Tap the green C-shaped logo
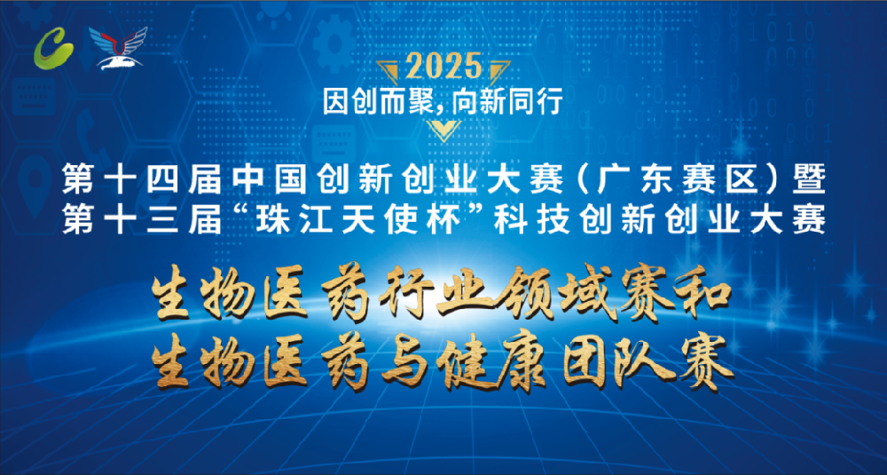click(54, 49)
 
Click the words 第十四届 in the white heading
click(140, 180)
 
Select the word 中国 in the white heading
click(270, 180)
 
